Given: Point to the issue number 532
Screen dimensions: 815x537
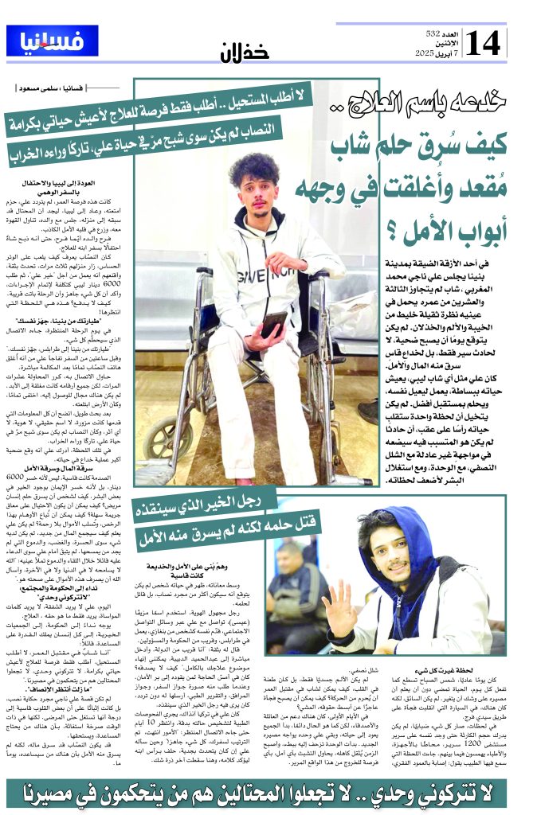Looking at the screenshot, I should [x=434, y=34].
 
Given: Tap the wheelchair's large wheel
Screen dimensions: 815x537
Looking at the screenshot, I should [x=163, y=446].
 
